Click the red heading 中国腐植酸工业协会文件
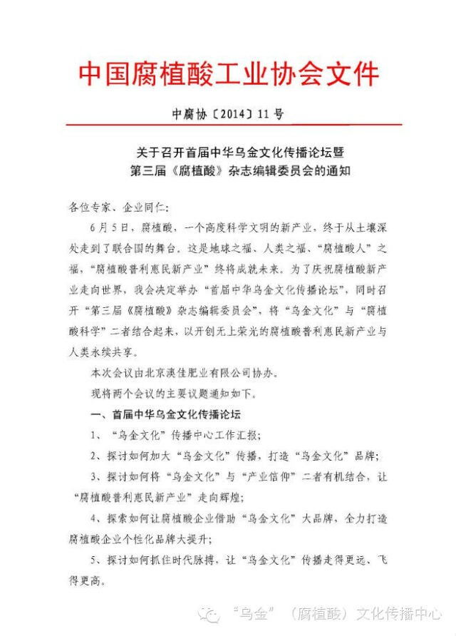click(228, 74)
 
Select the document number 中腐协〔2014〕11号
click(227, 115)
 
